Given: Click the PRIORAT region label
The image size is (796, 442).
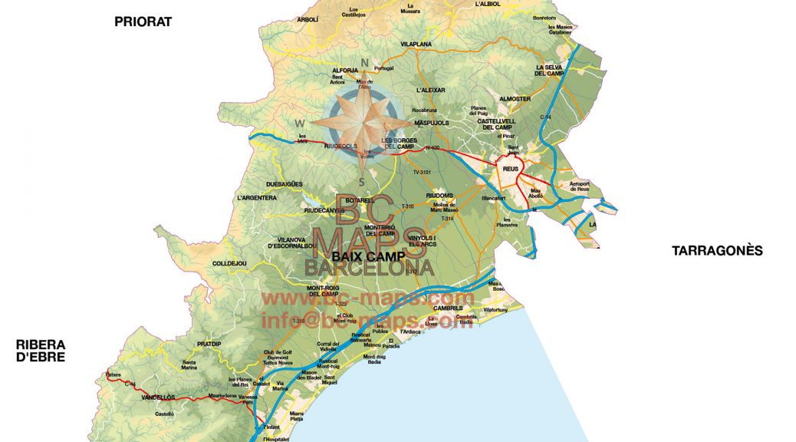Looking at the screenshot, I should [x=143, y=21].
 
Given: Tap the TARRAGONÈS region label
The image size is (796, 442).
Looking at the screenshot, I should [x=717, y=250].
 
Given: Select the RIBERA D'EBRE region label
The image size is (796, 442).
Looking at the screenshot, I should [x=41, y=351].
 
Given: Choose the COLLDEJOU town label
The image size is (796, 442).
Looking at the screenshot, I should [x=229, y=263].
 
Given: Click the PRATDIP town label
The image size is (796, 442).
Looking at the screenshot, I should [x=209, y=344].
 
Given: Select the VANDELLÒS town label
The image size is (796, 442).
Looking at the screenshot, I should [x=159, y=397].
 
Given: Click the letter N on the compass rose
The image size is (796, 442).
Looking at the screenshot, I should [x=366, y=64].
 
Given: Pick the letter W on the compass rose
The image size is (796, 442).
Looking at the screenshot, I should [x=301, y=124].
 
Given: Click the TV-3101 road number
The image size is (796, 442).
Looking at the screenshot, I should [x=423, y=173].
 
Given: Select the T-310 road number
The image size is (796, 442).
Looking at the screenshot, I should [x=407, y=206].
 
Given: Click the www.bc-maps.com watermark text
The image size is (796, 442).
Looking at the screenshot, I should [x=368, y=298].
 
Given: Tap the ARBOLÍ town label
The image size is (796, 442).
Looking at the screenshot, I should [x=307, y=19].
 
